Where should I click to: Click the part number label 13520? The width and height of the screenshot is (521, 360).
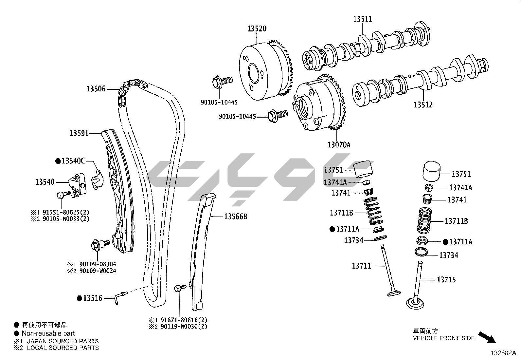click(257, 29)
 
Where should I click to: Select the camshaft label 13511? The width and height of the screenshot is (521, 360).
click(362, 19)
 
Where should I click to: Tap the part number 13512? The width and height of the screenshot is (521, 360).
click(423, 105)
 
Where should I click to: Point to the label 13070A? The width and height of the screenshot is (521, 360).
click(339, 144)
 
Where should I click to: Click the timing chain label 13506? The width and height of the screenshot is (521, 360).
click(96, 89)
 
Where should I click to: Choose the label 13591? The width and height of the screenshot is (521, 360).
click(79, 133)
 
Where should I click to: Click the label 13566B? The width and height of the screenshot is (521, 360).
click(236, 217)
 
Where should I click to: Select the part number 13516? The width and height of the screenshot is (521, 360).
click(93, 298)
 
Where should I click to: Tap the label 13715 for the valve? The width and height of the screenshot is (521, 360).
click(446, 280)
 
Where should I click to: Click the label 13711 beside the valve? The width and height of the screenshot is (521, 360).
click(361, 266)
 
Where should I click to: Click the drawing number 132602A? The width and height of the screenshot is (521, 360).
click(503, 353)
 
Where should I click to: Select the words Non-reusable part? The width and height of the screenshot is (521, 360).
click(48, 333)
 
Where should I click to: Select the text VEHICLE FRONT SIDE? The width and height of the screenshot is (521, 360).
click(443, 338)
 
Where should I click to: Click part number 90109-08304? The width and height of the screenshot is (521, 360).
click(98, 264)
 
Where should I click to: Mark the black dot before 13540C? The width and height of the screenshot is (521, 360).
click(58, 161)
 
